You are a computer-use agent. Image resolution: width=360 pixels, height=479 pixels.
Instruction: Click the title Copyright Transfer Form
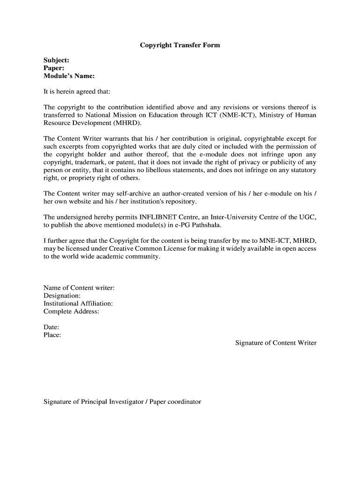point(180,45)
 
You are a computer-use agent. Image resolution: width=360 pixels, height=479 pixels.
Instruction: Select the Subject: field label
point(57,60)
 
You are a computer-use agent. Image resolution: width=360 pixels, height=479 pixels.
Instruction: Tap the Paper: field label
point(54,68)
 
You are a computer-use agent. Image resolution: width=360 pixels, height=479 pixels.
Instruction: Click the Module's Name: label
point(69,76)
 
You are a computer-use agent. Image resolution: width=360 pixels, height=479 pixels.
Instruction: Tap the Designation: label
point(62,296)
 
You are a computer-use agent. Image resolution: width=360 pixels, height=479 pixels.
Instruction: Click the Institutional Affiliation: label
point(78,304)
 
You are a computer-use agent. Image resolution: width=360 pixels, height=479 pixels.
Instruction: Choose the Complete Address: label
point(71,312)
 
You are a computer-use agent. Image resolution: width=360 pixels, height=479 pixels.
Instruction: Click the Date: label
point(51,327)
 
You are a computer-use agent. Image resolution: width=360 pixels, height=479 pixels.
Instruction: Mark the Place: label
point(52,335)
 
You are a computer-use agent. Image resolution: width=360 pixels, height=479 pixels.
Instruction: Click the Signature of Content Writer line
point(275,343)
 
